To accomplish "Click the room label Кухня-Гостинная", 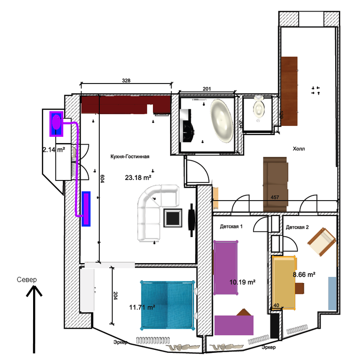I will (x=130, y=156).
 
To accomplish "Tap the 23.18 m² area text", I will (x=138, y=178).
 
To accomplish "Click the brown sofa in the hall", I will (x=276, y=184).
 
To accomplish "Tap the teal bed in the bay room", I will (x=168, y=305).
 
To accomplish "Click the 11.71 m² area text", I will (x=142, y=307).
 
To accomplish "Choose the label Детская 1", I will (x=231, y=226).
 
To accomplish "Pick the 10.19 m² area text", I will (x=242, y=282).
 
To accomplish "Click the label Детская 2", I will (x=297, y=226).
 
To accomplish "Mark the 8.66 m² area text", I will (x=304, y=275).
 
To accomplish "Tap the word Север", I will (x=26, y=280).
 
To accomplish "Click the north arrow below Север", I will (x=33, y=317).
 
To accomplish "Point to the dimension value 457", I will (x=275, y=197).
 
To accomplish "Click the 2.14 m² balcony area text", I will (x=54, y=150).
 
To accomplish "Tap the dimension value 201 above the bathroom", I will (x=207, y=88).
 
